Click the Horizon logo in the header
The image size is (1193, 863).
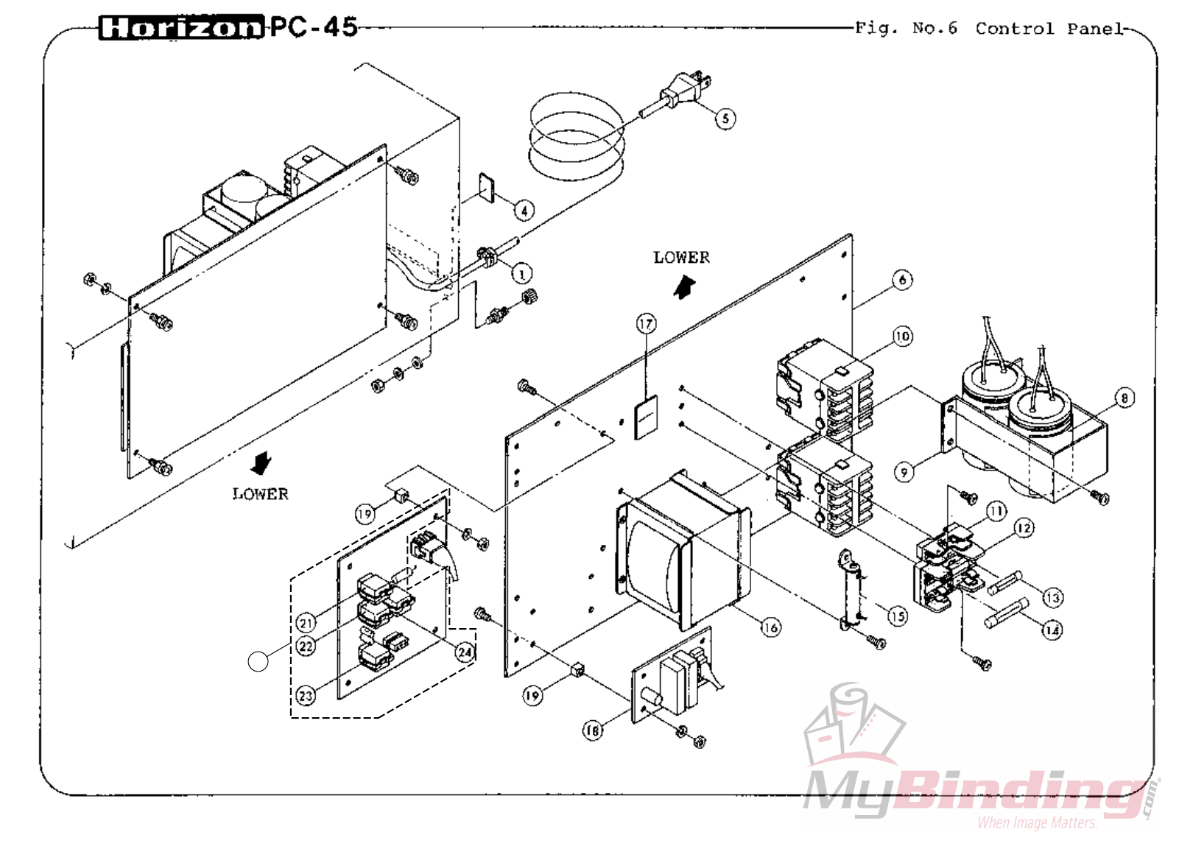coord(180,28)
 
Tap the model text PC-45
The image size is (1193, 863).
coord(314,27)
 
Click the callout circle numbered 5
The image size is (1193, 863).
coord(725,119)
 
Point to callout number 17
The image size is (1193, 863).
coord(646,324)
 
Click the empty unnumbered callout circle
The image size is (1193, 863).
coord(258,661)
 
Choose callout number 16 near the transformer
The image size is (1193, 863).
coord(770,627)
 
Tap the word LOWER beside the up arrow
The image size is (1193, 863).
coord(681,258)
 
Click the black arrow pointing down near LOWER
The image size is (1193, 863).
coord(260,463)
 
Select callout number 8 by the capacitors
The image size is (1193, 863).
coord(1124,398)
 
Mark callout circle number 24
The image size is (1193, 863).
coord(465,652)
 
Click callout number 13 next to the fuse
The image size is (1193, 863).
coord(1053,597)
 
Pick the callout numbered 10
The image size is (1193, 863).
coord(903,337)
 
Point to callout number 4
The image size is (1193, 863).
coord(524,211)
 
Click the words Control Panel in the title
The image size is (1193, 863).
coord(1049,29)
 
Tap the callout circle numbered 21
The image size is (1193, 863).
coord(306,623)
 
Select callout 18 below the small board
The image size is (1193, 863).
coord(592,730)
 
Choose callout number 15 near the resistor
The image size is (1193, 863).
coord(897,616)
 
